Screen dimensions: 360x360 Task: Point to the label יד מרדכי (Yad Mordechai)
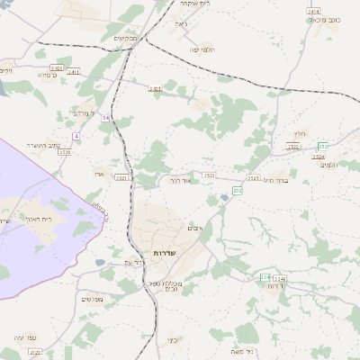82,114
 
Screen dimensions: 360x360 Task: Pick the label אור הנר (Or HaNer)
183,179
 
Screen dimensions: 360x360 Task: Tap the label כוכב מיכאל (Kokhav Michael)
325,20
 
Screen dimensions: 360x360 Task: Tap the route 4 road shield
76,136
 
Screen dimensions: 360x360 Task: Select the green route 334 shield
265,276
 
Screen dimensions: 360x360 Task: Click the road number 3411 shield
73,71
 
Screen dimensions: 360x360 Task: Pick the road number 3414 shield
313,12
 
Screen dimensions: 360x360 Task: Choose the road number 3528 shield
64,153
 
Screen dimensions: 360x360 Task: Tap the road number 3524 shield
318,157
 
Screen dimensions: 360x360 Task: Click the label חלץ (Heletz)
300,133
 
